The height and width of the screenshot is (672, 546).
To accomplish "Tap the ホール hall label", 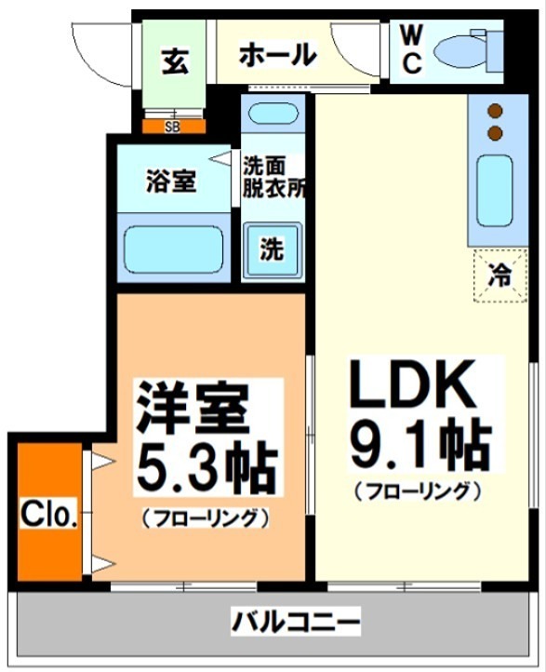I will pyautogui.click(x=277, y=55).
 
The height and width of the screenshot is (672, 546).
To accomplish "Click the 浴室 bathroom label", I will pyautogui.click(x=171, y=181).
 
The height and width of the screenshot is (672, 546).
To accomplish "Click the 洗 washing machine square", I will pyautogui.click(x=272, y=250).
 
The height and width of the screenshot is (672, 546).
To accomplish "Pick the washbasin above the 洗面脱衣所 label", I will pyautogui.click(x=273, y=117).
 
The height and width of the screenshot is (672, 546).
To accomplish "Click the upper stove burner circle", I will pyautogui.click(x=495, y=109).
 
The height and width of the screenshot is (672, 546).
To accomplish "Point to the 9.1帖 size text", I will pyautogui.click(x=419, y=445).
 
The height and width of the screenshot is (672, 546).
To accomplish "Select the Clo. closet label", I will pyautogui.click(x=48, y=513).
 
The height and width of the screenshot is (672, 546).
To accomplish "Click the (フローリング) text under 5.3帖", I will pyautogui.click(x=206, y=516).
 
